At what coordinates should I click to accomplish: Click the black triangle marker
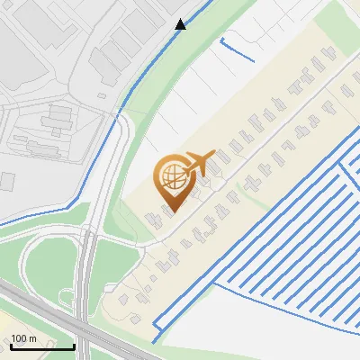pos(180,24)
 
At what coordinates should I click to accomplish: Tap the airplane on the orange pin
pos(199,164)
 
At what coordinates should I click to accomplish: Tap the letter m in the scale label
pos(32,337)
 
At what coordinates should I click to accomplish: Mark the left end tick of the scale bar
pos(11,346)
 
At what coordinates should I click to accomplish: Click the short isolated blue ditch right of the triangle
pos(236,48)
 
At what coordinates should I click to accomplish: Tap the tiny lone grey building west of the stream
pos(7,181)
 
